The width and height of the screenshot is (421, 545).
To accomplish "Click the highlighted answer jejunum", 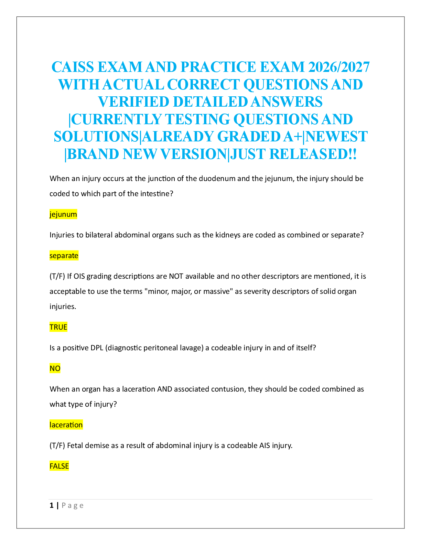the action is tap(63, 214).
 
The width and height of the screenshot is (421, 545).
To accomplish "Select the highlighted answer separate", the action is tap(64, 256).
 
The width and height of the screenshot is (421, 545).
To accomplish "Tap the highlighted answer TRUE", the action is tap(58, 327).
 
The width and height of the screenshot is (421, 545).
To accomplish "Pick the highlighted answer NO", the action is tap(55, 368).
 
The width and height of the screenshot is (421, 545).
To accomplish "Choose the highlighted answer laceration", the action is tap(66, 425).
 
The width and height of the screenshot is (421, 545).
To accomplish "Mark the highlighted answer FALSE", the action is tap(59, 466).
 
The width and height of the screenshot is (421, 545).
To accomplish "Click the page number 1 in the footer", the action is tap(52, 505).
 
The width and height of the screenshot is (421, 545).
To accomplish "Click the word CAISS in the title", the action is tap(73, 67).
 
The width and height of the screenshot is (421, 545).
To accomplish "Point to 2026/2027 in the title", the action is tap(339, 67).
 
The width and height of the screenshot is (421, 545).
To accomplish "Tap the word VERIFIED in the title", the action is tap(134, 101).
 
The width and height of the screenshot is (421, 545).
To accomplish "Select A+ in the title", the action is tap(293, 137).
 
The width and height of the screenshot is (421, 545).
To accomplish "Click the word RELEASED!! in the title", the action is tap(313, 154).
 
